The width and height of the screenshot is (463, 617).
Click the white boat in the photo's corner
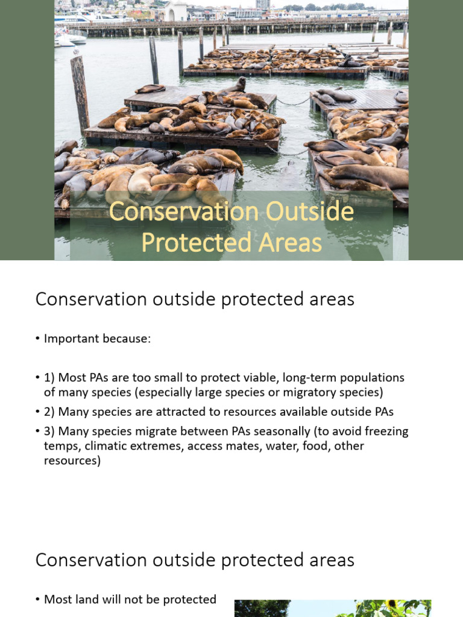click(x=71, y=39)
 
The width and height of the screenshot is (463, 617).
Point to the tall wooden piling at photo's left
click(x=80, y=93)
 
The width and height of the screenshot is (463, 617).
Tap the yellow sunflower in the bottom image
click(x=392, y=605)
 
